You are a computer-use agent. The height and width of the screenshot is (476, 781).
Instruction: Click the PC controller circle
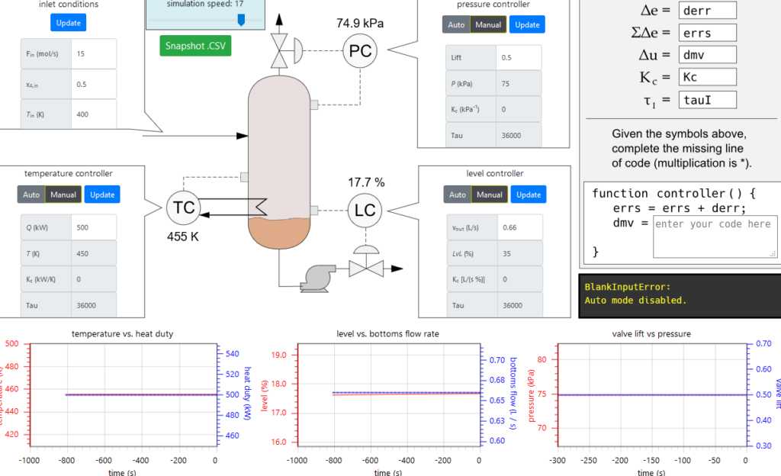pyautogui.click(x=360, y=52)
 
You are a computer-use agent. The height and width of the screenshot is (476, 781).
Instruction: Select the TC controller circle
pyautogui.click(x=185, y=207)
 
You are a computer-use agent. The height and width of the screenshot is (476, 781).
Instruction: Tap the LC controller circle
pyautogui.click(x=365, y=211)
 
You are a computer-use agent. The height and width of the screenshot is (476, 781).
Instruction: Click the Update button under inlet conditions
pyautogui.click(x=69, y=23)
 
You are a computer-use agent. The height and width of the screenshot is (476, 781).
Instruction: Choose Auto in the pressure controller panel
pyautogui.click(x=456, y=24)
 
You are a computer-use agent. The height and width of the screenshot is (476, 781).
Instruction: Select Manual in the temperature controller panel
pyautogui.click(x=63, y=195)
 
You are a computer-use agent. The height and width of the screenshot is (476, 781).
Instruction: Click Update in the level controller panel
pyautogui.click(x=528, y=195)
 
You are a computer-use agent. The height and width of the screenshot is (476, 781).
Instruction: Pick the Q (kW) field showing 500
pyautogui.click(x=93, y=227)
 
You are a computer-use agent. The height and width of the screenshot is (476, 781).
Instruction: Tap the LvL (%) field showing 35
pyautogui.click(x=519, y=253)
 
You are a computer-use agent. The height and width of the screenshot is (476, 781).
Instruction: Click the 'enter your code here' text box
pyautogui.click(x=715, y=236)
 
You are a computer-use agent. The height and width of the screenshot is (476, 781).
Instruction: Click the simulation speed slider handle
pyautogui.click(x=241, y=20)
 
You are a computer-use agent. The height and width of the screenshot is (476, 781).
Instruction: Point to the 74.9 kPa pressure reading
pyautogui.click(x=360, y=23)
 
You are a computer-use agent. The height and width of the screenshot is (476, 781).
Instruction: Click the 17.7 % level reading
pyautogui.click(x=366, y=182)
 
